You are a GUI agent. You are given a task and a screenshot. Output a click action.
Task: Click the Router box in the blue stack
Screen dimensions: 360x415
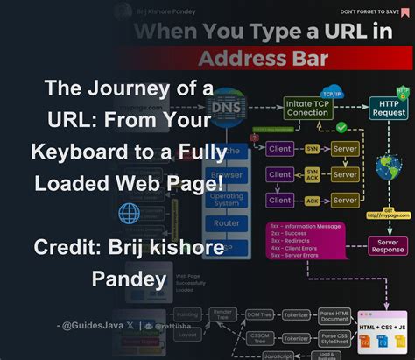point(227,223)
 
